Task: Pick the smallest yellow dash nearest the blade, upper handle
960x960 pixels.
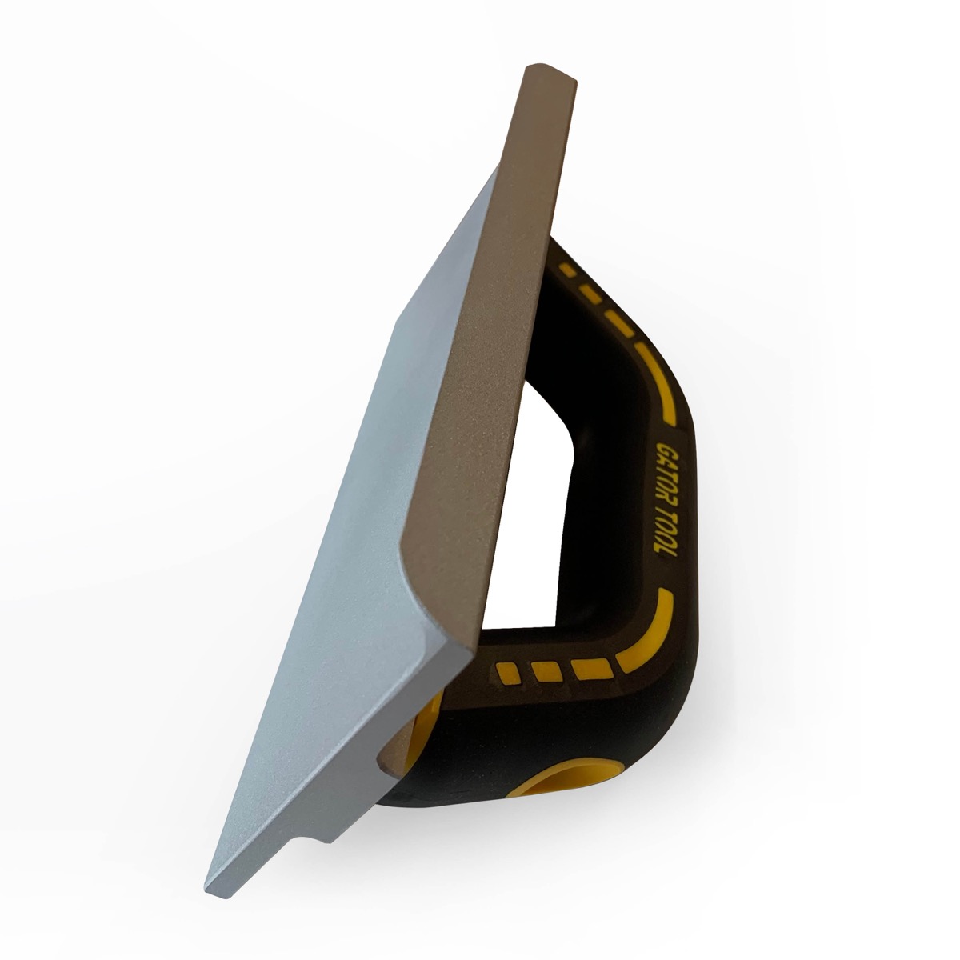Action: [566, 269]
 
